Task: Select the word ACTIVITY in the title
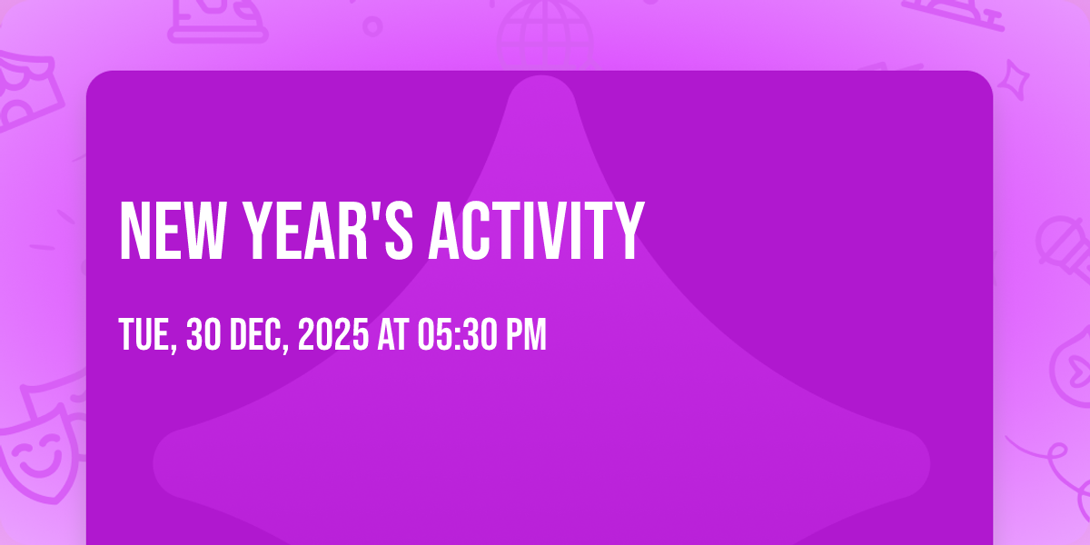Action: tap(536, 233)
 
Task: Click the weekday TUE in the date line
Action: tap(145, 336)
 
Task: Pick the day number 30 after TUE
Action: tap(203, 336)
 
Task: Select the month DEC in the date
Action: tap(258, 336)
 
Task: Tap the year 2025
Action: tap(332, 336)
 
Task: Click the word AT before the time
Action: tap(392, 336)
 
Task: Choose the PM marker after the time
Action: tap(526, 336)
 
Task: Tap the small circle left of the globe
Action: tap(372, 25)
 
